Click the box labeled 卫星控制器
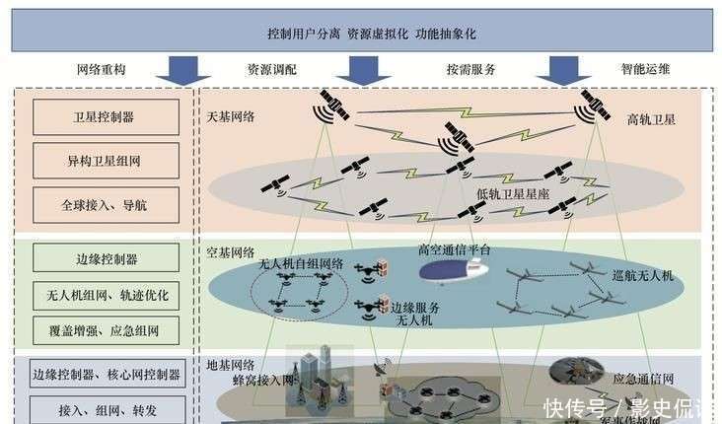click(x=106, y=117)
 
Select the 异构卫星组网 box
click(x=106, y=160)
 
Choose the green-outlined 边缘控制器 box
click(x=106, y=258)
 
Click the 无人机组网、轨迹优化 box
click(x=106, y=293)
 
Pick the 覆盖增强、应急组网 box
click(x=106, y=328)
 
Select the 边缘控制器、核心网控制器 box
click(x=106, y=374)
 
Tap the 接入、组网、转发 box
click(x=106, y=408)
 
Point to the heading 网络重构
click(x=101, y=70)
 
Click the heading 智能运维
click(x=645, y=70)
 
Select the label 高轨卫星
click(x=651, y=119)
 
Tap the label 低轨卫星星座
click(x=512, y=194)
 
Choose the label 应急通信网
click(x=644, y=378)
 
